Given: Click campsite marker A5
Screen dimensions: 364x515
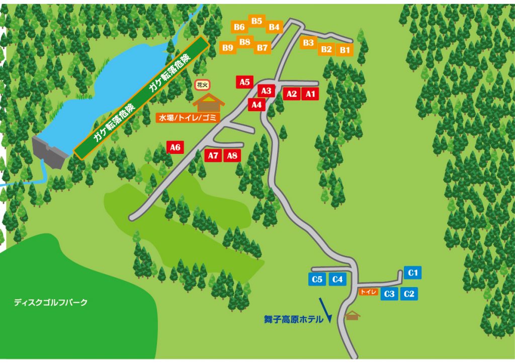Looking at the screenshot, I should tap(245, 82).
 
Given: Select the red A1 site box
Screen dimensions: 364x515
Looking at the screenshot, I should tap(310, 94).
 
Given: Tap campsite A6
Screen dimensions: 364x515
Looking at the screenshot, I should tap(175, 147).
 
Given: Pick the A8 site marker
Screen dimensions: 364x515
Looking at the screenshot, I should tap(232, 155).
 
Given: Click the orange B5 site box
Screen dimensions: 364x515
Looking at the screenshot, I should tap(257, 21).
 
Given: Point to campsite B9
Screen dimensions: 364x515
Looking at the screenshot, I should tap(228, 48).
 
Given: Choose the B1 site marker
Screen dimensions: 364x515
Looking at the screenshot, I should tap(345, 50).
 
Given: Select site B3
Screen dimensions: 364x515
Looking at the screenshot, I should tap(309, 43).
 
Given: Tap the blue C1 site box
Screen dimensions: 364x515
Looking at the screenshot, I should tap(413, 272).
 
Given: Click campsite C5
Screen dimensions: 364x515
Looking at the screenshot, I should tap(317, 280).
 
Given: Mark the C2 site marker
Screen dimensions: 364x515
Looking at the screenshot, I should tap(409, 294).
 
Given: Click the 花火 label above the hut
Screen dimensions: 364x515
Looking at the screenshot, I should tap(202, 84).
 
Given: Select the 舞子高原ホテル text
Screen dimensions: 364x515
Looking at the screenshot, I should tap(293, 319).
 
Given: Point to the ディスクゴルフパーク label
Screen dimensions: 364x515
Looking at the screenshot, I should tap(51, 302).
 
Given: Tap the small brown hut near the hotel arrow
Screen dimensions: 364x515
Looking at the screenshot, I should tap(353, 316).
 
